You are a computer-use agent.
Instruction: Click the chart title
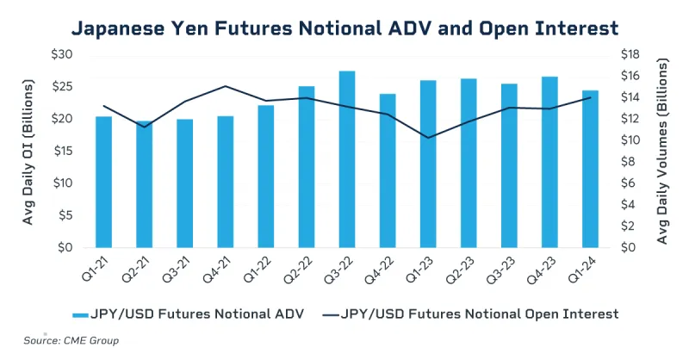pos(344,28)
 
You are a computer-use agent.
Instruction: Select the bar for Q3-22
pos(347,159)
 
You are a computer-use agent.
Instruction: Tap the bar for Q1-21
pos(103,182)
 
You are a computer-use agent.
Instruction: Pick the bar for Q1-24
pos(590,169)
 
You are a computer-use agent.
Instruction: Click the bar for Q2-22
pos(307,167)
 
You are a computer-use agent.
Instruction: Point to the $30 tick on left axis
pos(65,54)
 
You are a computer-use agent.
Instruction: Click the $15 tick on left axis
pos(65,151)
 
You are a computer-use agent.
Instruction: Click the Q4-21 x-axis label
pos(220,269)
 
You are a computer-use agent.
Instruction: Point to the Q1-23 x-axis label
pos(422,269)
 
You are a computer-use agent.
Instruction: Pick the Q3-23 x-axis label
pos(504,269)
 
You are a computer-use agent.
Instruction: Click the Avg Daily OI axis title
pos(28,151)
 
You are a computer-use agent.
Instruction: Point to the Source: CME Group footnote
pos(71,340)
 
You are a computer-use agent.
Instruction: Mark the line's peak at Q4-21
pos(225,86)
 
